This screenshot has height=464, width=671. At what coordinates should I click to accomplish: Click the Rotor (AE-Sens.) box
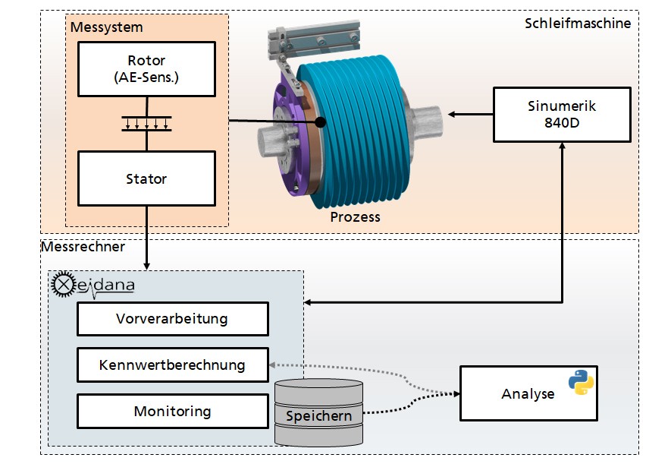pyautogui.click(x=146, y=69)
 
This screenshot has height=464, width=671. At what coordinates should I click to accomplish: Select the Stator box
pyautogui.click(x=146, y=178)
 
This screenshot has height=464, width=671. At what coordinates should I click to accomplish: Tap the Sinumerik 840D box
pyautogui.click(x=562, y=115)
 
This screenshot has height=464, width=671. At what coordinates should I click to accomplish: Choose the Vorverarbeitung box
pyautogui.click(x=172, y=319)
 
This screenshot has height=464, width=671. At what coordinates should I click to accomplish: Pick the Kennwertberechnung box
pyautogui.click(x=172, y=365)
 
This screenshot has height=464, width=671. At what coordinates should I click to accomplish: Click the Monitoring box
pyautogui.click(x=172, y=412)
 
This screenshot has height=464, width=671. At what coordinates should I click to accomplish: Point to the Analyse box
pyautogui.click(x=528, y=393)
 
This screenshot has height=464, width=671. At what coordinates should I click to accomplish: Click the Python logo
pyautogui.click(x=581, y=382)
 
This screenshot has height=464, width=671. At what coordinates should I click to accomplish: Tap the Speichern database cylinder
pyautogui.click(x=318, y=412)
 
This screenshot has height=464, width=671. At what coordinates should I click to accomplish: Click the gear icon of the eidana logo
pyautogui.click(x=64, y=284)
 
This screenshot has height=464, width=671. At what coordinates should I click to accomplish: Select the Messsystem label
pyautogui.click(x=107, y=27)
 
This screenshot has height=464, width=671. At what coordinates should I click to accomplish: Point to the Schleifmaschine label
pyautogui.click(x=578, y=23)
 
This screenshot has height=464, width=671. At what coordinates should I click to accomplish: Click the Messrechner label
pyautogui.click(x=83, y=246)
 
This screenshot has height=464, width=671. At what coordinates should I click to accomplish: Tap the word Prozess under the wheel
pyautogui.click(x=355, y=216)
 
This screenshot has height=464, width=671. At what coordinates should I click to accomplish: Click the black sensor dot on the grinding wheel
pyautogui.click(x=320, y=122)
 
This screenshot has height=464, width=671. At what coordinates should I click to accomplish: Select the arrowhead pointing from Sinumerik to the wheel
pyautogui.click(x=451, y=115)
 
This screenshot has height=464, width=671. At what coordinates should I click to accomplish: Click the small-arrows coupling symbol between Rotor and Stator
pyautogui.click(x=146, y=123)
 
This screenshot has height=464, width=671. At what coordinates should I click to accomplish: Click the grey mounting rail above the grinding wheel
pyautogui.click(x=314, y=39)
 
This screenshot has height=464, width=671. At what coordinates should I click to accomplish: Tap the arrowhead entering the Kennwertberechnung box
pyautogui.click(x=272, y=365)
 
